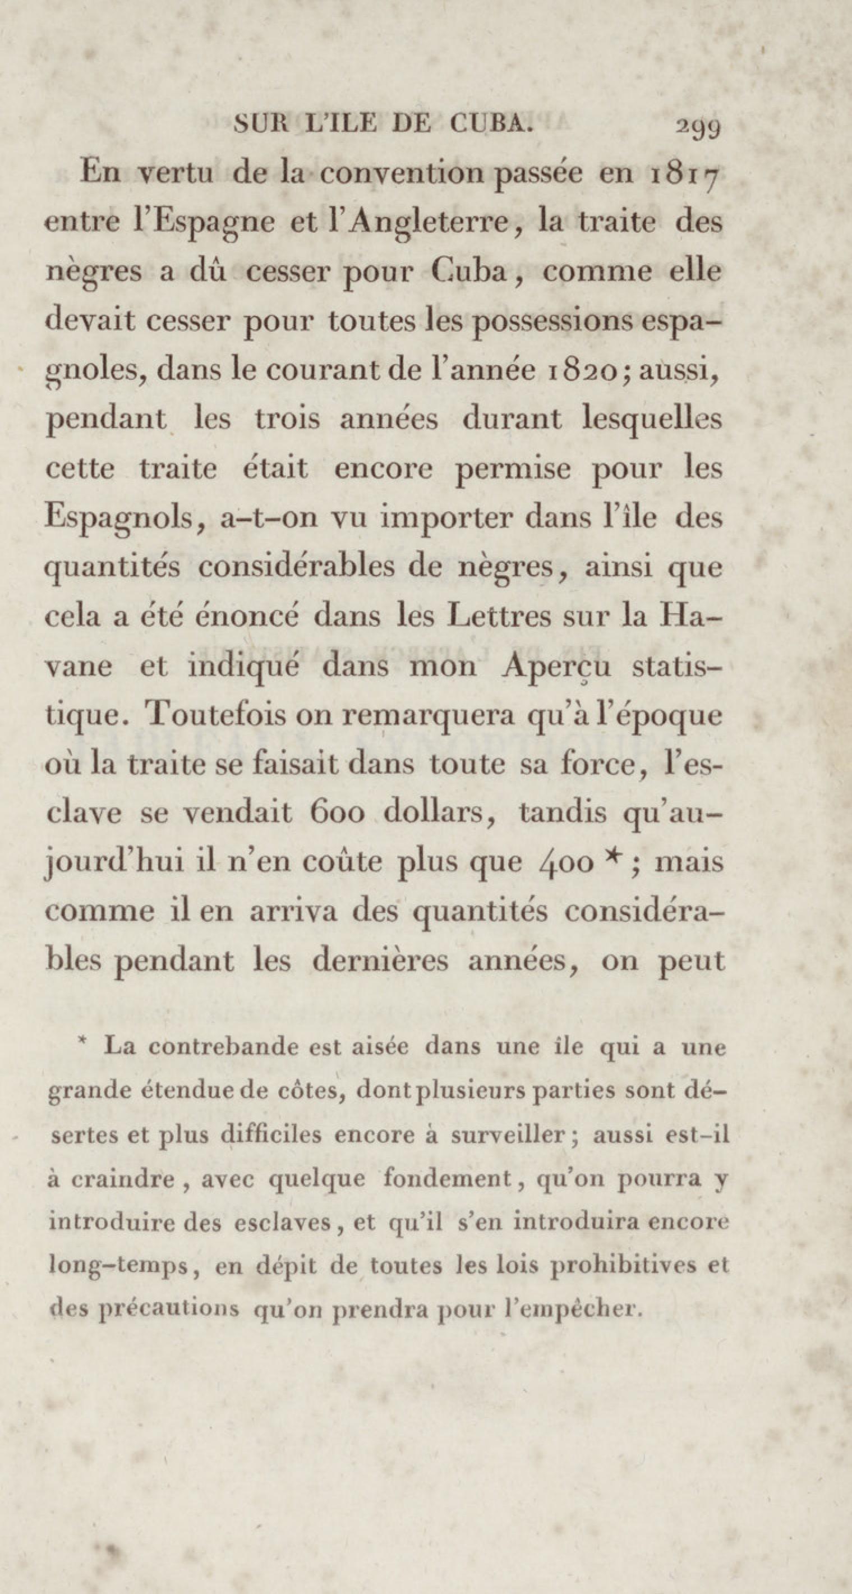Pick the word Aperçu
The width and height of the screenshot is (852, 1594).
558,667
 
